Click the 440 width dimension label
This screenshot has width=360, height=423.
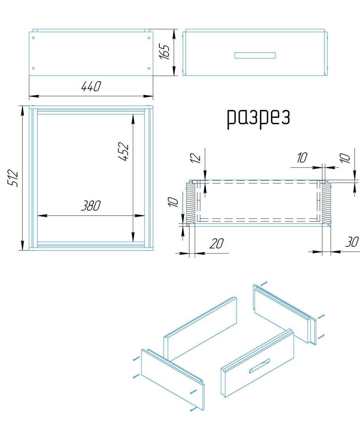91,86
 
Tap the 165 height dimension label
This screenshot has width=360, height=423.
164,51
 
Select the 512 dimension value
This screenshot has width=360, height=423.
13,178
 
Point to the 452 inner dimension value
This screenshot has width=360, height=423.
124,152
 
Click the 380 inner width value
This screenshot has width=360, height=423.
91,206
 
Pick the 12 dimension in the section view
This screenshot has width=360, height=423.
195,158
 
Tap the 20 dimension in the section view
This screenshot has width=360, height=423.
216,244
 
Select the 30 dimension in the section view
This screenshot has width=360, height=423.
352,242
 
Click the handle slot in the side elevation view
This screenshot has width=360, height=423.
255,55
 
